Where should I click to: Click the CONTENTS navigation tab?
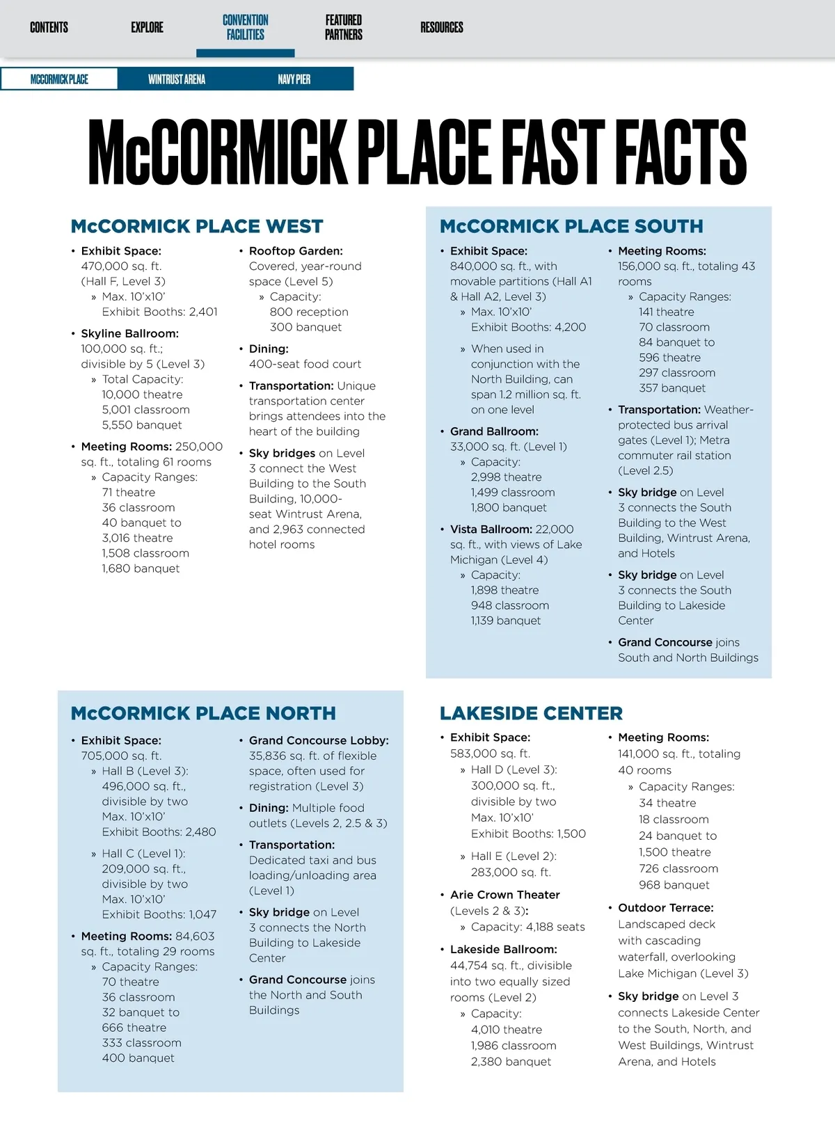49,28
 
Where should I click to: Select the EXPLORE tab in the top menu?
147,28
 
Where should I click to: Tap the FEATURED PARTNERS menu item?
344,28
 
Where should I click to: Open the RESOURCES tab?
441,28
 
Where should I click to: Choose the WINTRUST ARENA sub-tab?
177,79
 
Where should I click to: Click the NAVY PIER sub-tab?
294,79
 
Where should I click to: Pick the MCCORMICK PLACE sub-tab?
59,79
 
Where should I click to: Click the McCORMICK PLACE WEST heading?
197,227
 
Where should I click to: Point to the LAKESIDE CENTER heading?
531,714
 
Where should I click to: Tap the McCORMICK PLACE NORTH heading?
203,714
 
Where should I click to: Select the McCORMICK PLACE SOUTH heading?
571,227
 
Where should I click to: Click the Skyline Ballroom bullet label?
129,334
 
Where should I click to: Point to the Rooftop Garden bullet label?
296,251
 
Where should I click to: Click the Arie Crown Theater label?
504,895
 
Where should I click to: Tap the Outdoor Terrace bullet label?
665,908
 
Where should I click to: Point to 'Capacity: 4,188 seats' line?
527,927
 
